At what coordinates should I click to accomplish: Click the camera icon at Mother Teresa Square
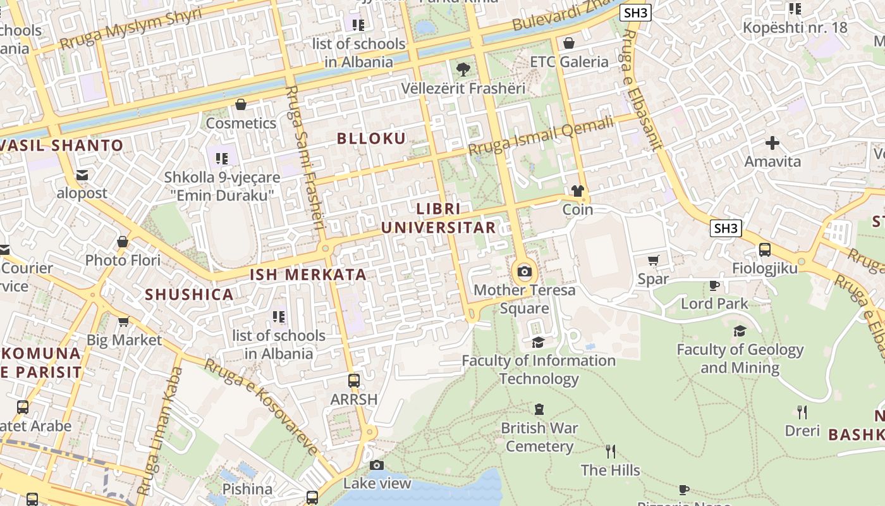coord(524,272)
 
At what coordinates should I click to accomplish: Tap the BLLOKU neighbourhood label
coord(371,139)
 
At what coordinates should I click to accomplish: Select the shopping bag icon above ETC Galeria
coord(568,43)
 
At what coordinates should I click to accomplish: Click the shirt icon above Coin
coord(577,190)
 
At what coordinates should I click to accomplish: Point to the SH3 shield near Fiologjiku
coord(725,228)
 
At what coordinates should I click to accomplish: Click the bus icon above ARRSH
coord(354,381)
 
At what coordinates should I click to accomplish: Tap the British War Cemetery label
coord(539,437)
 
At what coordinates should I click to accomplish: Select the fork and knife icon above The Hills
coord(610,451)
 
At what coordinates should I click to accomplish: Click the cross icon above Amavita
coord(772,143)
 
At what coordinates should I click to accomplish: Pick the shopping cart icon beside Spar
coord(654,260)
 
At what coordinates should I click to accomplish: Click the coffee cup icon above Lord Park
coord(714,285)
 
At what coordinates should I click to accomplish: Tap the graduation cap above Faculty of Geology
coord(740,331)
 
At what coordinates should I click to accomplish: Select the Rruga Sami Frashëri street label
coord(305,158)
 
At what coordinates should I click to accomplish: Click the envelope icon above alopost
coord(82,175)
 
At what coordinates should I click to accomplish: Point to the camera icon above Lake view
coord(377,466)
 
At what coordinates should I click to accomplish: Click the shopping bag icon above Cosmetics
coord(240,104)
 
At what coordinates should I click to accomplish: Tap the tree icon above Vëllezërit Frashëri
coord(463,69)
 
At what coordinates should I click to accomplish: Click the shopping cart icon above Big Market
coord(124,321)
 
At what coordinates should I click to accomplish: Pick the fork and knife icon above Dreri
coord(802,412)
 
